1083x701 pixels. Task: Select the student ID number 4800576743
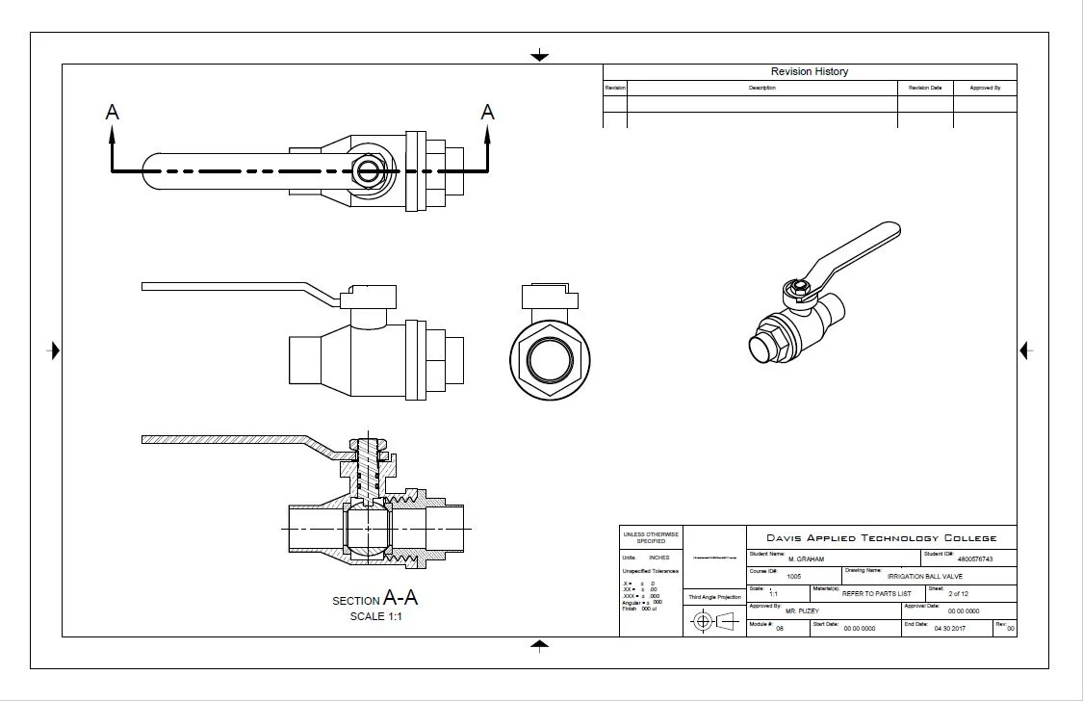coord(974,559)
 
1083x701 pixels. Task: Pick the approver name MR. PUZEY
coord(802,611)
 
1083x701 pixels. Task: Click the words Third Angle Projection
coord(714,597)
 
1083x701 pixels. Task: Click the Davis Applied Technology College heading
coord(881,538)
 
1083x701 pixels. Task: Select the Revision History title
coord(809,71)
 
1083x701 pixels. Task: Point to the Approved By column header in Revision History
coord(985,88)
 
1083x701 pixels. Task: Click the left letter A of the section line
coord(113,113)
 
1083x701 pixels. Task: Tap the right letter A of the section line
coord(487,113)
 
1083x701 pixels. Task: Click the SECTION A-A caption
coord(375,599)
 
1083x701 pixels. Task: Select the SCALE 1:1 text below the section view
coord(375,617)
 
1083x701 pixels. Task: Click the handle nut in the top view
coord(368,171)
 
